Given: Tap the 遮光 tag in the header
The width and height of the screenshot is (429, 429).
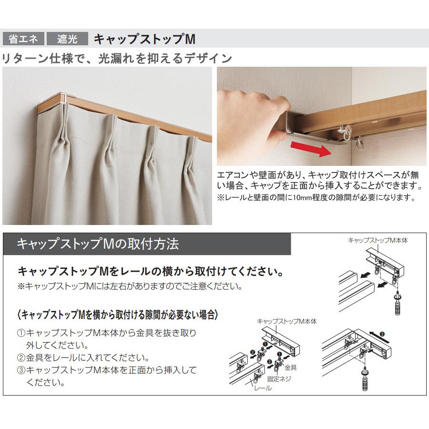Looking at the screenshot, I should tap(68, 39).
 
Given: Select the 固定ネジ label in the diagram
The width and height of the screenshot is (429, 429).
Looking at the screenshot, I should tap(279, 379).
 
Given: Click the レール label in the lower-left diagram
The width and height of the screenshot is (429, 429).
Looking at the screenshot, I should tap(262, 388).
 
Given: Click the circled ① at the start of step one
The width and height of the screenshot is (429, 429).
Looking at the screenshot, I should tap(21, 333).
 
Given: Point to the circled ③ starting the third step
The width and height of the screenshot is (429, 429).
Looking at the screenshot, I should tap(21, 370).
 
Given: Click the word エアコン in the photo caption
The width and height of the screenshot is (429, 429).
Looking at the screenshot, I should tap(233, 175).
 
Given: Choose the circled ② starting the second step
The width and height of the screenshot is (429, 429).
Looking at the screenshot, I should tap(21, 357).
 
